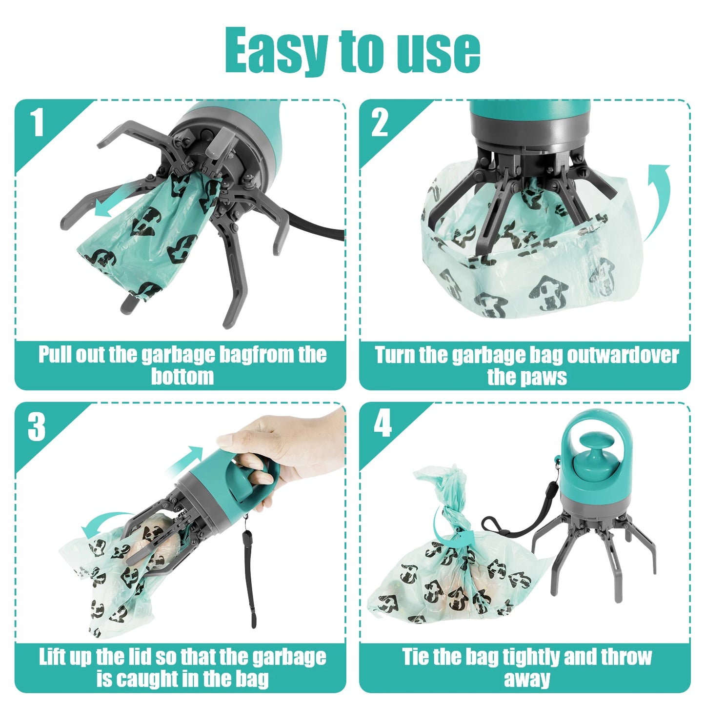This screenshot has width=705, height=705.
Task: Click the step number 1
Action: [x=38, y=122]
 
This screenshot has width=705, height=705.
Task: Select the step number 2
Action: [x=380, y=122]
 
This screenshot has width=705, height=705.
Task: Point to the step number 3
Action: [x=37, y=427]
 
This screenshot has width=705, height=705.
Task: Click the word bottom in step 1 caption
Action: [x=182, y=377]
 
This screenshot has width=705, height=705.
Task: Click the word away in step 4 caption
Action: [x=527, y=679]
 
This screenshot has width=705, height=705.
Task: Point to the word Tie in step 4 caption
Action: [x=415, y=657]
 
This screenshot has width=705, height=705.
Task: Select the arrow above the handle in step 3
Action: [x=188, y=459]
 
